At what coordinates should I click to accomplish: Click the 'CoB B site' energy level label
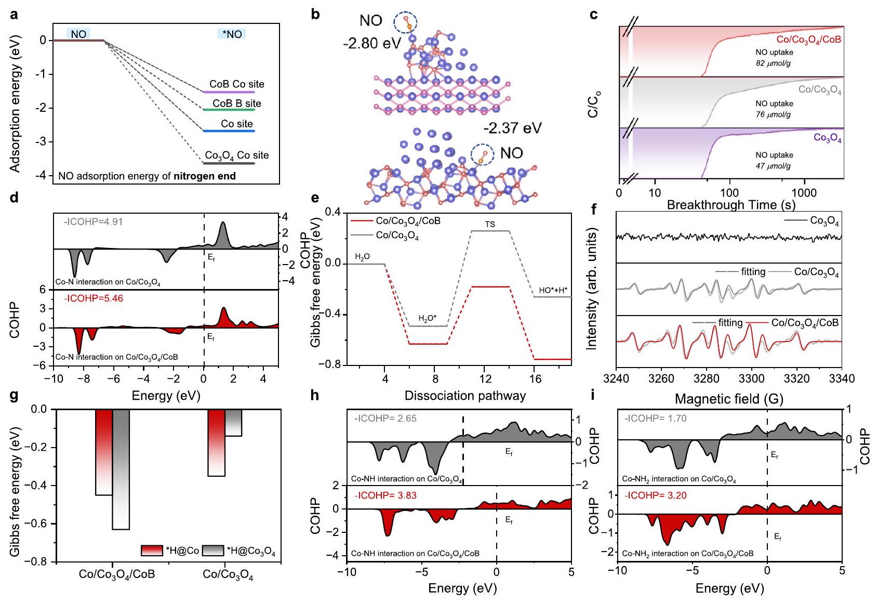[236, 103]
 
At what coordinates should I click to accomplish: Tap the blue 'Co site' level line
[229, 131]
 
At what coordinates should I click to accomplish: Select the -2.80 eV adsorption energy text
[371, 43]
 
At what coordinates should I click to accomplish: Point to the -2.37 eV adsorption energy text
[512, 128]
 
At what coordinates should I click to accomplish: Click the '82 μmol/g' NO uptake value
[773, 63]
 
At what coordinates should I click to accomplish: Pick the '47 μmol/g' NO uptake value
[773, 166]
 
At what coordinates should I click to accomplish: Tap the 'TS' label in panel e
[490, 225]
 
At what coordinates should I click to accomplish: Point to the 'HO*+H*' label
[553, 290]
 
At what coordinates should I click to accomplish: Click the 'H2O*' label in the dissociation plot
[428, 319]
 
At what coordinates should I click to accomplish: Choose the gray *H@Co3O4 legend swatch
[212, 551]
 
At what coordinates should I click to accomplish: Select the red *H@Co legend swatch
[152, 551]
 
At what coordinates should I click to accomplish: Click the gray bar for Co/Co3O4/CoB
[121, 469]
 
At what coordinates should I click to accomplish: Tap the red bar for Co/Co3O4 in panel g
[217, 442]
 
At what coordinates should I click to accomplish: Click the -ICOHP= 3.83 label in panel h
[385, 495]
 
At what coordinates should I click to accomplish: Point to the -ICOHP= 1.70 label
[655, 418]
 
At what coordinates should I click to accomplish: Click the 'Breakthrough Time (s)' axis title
[731, 205]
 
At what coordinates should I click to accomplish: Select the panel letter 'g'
[14, 396]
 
